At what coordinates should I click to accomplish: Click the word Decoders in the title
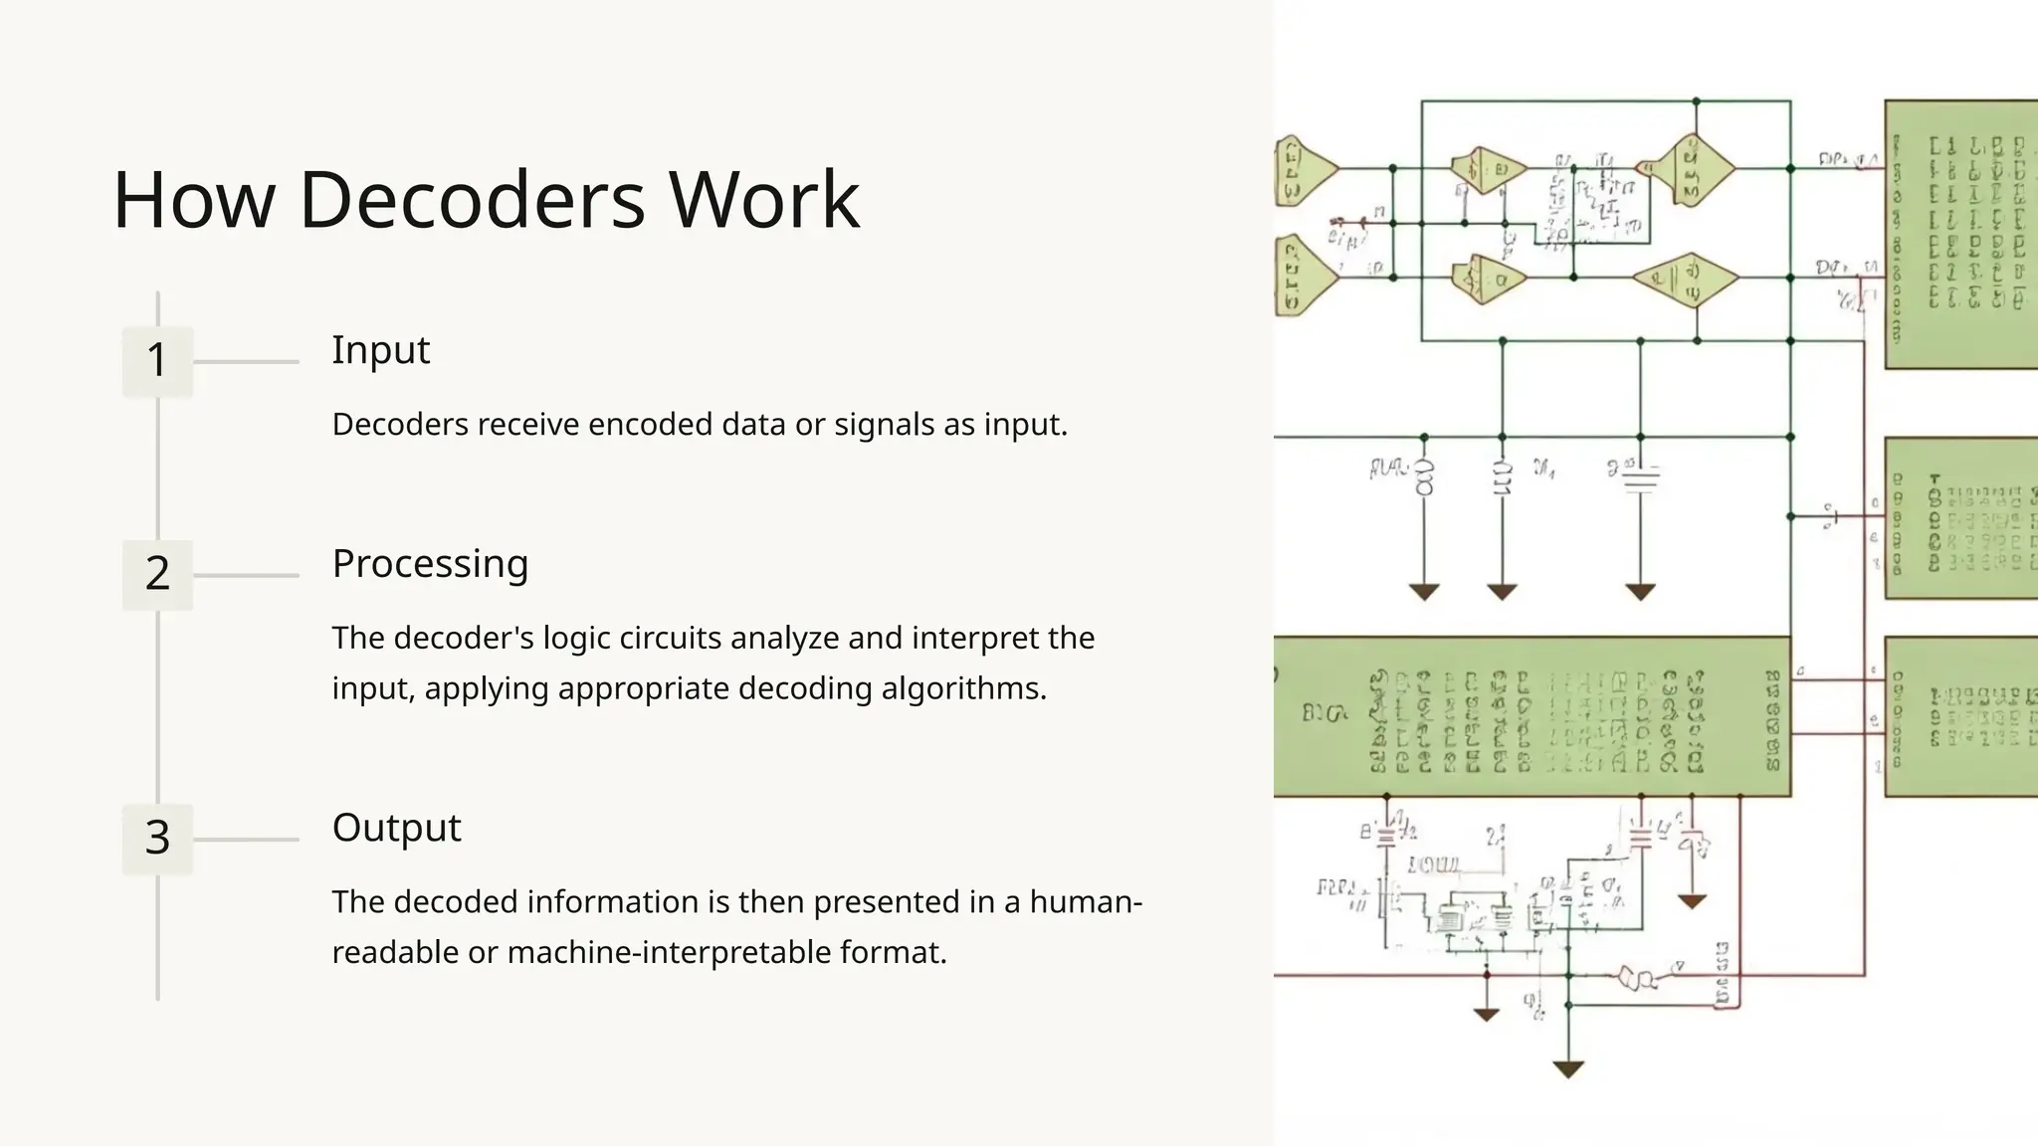coord(472,200)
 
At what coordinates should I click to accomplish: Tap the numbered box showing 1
coord(157,360)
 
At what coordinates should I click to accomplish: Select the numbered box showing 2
coord(157,574)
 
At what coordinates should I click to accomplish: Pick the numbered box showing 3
coord(157,838)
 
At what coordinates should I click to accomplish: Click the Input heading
coord(380,350)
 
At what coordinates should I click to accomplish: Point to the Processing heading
coord(430,564)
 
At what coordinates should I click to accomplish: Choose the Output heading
coord(396,828)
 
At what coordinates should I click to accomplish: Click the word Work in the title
coord(763,200)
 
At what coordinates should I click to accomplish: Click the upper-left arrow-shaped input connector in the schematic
coord(1304,170)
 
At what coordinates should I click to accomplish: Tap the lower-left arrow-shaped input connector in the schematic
coord(1304,278)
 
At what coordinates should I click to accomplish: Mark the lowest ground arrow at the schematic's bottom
coord(1568,1070)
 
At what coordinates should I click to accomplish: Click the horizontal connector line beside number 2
coord(246,575)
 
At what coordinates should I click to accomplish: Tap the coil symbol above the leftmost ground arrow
coord(1424,478)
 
